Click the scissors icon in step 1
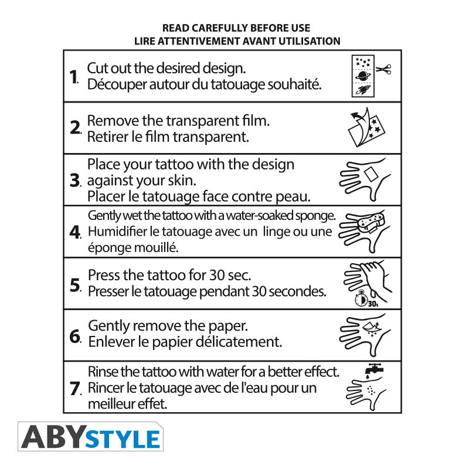pyautogui.click(x=383, y=69)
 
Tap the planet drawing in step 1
pyautogui.click(x=363, y=76)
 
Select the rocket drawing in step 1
pyautogui.click(x=363, y=90)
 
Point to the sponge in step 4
pyautogui.click(x=371, y=222)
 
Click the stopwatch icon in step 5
pyautogui.click(x=361, y=298)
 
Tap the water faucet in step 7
pyautogui.click(x=374, y=369)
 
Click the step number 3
pyautogui.click(x=75, y=181)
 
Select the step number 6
pyautogui.click(x=75, y=337)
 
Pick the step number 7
pyautogui.click(x=75, y=388)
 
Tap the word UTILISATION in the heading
pyautogui.click(x=310, y=41)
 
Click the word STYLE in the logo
pyautogui.click(x=123, y=439)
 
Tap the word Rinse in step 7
pyautogui.click(x=103, y=372)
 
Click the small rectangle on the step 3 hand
pyautogui.click(x=372, y=174)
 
